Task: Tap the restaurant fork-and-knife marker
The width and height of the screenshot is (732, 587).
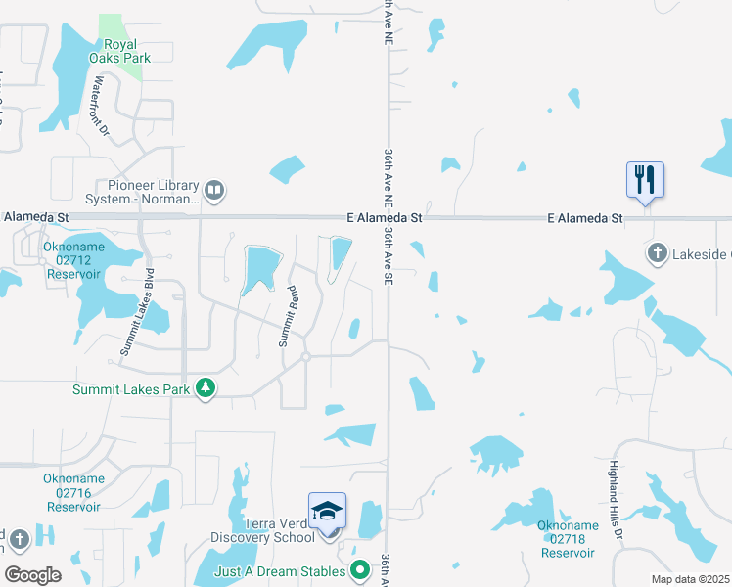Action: [645, 180]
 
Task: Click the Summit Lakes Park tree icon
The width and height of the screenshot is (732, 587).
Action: [206, 388]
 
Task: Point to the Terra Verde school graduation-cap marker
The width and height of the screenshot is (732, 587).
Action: [328, 512]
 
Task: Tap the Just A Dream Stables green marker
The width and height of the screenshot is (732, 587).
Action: [360, 568]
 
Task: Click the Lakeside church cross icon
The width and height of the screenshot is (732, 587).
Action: [657, 254]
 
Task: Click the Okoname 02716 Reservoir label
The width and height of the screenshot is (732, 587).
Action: [73, 493]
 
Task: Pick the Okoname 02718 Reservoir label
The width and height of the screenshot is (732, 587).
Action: [568, 539]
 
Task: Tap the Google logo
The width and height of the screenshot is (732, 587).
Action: [32, 575]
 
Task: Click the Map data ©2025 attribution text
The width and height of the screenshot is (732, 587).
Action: [689, 579]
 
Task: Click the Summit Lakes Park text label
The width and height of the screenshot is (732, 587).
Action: [131, 389]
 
